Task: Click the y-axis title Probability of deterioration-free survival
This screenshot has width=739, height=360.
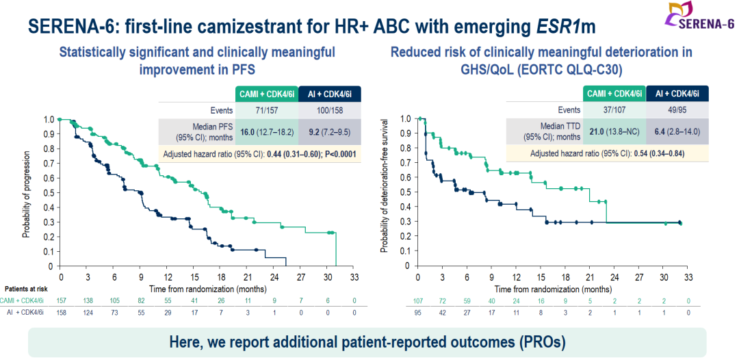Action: (384, 192)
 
